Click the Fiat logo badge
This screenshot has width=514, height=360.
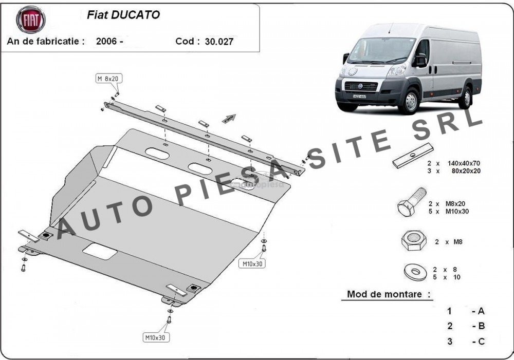31,20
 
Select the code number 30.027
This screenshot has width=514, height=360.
219,42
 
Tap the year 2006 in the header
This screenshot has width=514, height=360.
106,42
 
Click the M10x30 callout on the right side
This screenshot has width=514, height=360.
253,263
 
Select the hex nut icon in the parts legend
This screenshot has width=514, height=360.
412,240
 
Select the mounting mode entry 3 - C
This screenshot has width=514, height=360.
466,341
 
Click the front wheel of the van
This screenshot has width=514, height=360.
410,101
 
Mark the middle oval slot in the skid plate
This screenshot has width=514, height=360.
198,167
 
